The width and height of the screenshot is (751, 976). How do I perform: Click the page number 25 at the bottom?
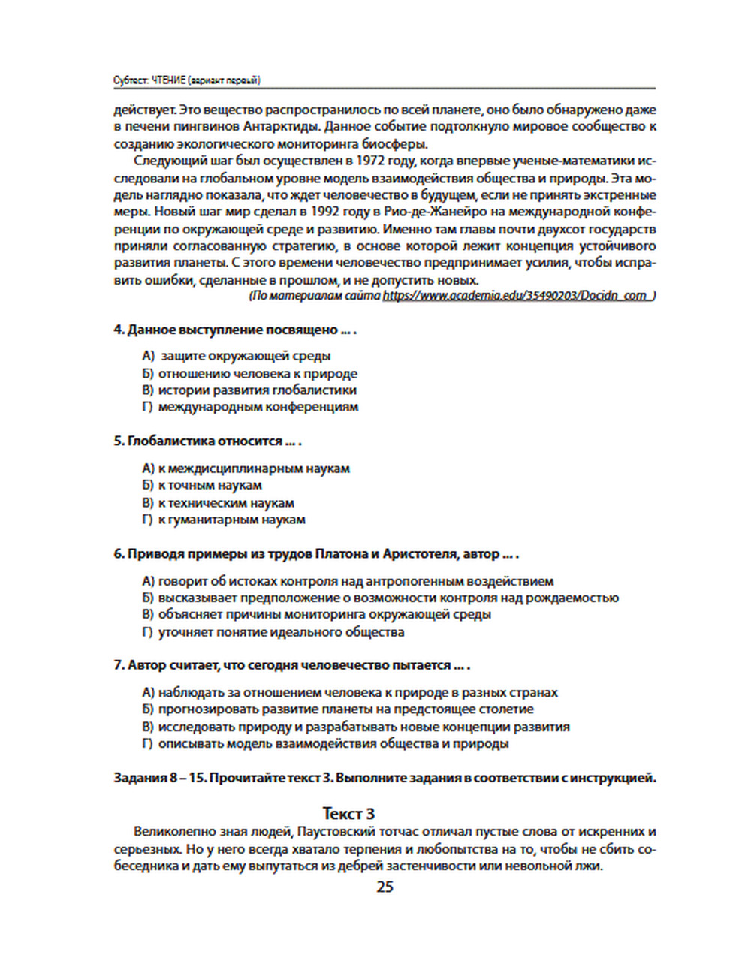coord(385,887)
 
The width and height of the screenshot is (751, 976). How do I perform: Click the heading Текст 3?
coord(348,814)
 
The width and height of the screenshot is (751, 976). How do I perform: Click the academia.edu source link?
coord(518,296)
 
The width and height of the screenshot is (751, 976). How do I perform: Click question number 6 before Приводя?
coord(119,554)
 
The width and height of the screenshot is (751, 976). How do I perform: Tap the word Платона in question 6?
coord(342,554)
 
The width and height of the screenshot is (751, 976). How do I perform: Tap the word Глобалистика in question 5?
coord(167,441)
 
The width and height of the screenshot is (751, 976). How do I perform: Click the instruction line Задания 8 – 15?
coord(385,778)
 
